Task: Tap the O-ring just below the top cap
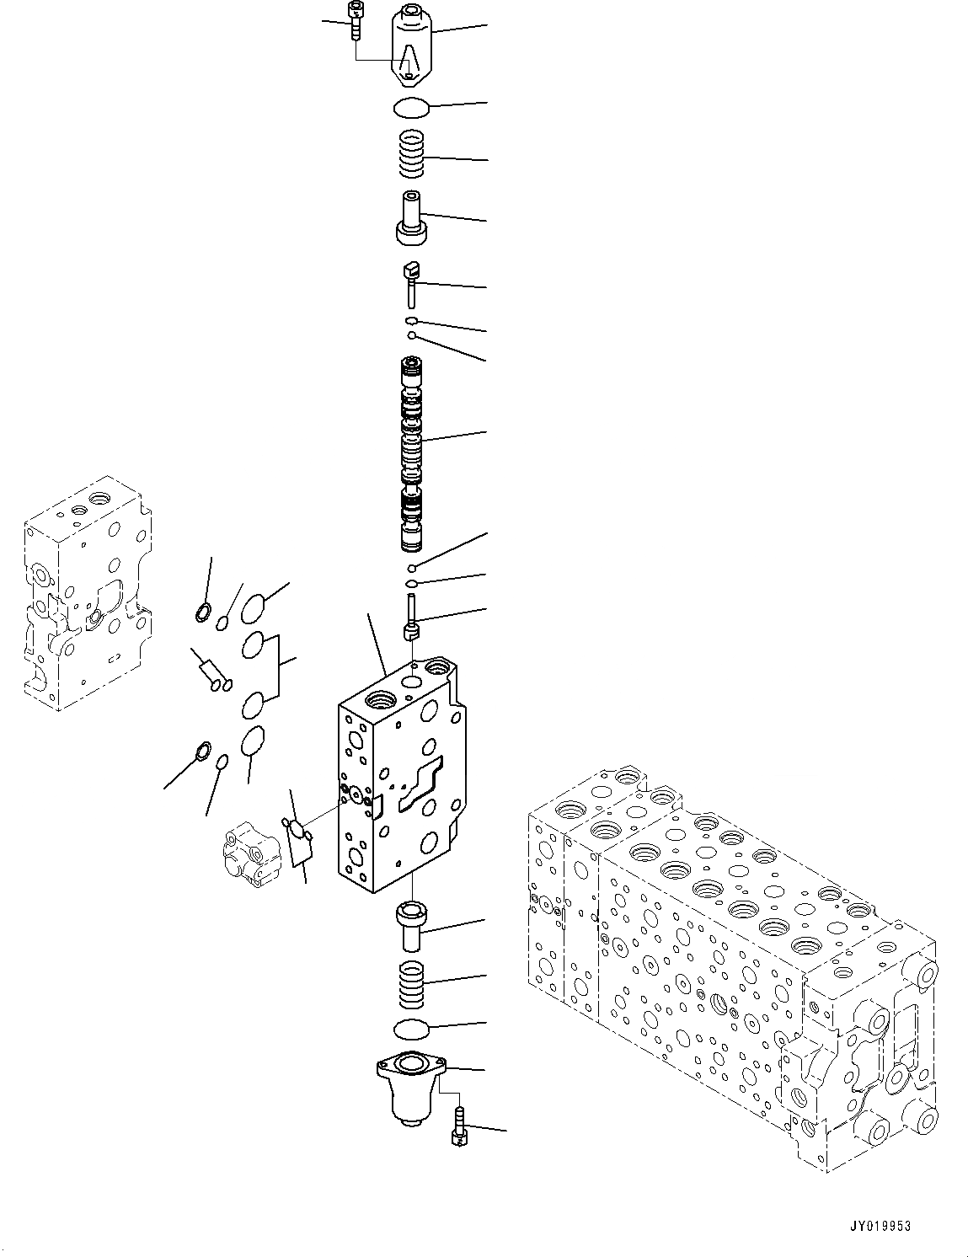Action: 411,107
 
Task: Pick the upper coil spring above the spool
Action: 412,155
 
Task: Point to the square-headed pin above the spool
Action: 410,282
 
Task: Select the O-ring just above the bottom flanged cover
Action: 412,1029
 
